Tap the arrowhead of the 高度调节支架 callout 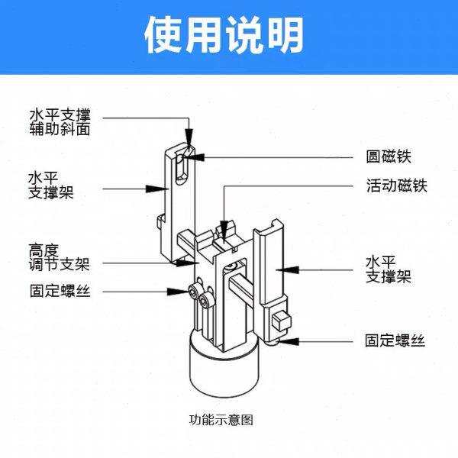tap(195, 263)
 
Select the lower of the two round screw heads tap(205, 303)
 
